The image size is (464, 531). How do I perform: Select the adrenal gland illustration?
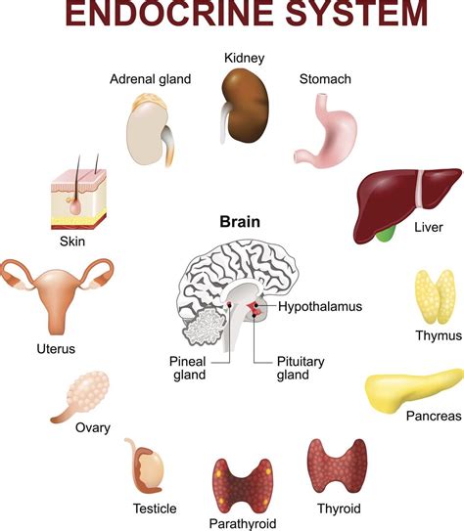(x=155, y=133)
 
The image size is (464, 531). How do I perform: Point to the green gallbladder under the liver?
(x=389, y=232)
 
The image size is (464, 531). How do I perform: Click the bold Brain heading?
(x=239, y=222)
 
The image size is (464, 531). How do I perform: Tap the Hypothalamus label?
(x=319, y=306)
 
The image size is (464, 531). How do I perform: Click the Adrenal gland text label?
(x=150, y=79)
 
